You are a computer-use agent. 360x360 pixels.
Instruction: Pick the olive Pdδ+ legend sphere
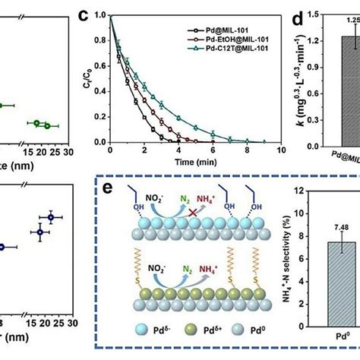click(175, 335)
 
